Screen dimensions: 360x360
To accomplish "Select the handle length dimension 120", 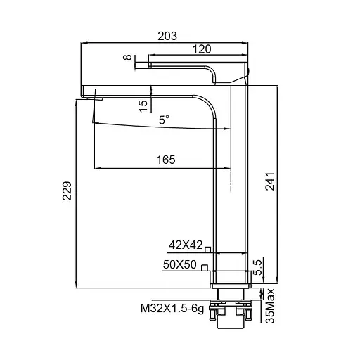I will pyautogui.click(x=202, y=49).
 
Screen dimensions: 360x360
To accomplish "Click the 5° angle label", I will pyautogui.click(x=163, y=120).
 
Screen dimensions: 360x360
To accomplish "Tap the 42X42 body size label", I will pyautogui.click(x=186, y=245).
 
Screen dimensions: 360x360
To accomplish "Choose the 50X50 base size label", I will pyautogui.click(x=179, y=265).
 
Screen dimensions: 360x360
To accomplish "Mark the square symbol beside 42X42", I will pyautogui.click(x=208, y=248).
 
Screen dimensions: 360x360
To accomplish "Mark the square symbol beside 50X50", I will pyautogui.click(x=203, y=267).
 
